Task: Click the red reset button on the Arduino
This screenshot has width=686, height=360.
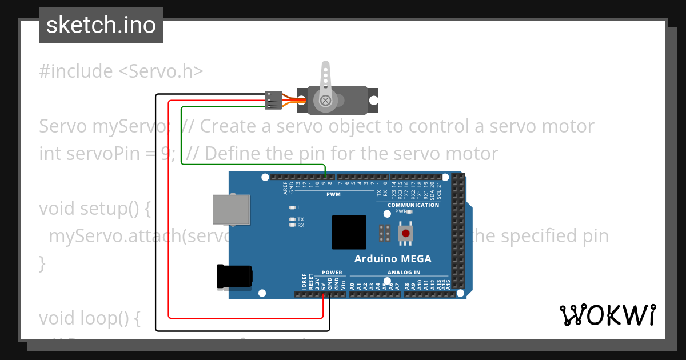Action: (x=406, y=233)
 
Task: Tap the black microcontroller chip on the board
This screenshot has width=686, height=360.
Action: (x=349, y=233)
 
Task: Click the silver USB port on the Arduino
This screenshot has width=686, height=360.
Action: (x=232, y=209)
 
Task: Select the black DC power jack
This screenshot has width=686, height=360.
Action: (x=234, y=277)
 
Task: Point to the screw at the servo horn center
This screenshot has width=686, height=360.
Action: (x=325, y=101)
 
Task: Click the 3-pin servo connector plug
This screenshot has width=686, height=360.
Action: (x=273, y=100)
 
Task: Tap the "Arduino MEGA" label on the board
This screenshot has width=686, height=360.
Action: (x=393, y=259)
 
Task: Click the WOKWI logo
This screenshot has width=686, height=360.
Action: (x=607, y=315)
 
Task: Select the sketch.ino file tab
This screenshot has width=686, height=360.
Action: (x=101, y=25)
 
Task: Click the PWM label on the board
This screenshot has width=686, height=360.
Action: (x=333, y=194)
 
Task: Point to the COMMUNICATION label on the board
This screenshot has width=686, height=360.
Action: (x=413, y=205)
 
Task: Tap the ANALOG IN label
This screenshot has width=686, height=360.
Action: (x=404, y=273)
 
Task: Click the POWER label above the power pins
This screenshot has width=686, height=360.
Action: (x=332, y=273)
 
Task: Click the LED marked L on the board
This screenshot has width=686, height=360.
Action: (x=292, y=207)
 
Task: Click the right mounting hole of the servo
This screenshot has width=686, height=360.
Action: (x=373, y=100)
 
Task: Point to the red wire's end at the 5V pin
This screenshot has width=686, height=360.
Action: (x=324, y=294)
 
